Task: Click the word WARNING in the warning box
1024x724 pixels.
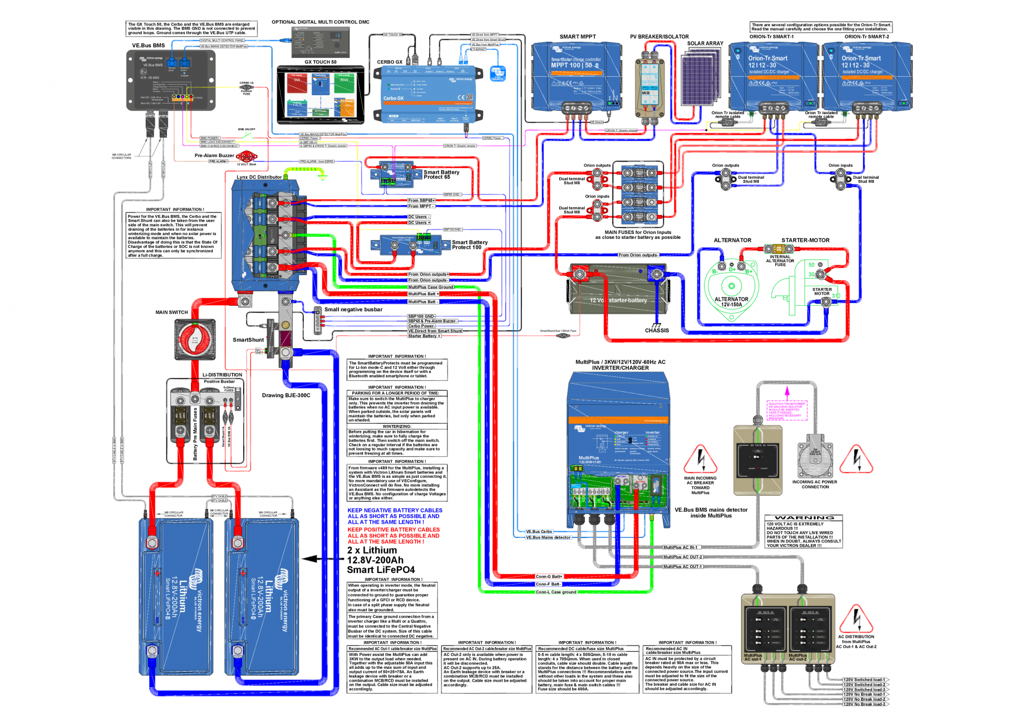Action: coord(804,518)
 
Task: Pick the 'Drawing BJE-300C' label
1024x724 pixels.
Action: coord(286,395)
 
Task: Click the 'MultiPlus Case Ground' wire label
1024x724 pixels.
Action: coord(430,287)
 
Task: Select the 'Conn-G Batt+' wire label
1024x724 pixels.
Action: coord(549,576)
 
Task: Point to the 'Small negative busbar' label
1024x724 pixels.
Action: coord(353,310)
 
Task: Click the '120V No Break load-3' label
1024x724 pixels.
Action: coord(864,704)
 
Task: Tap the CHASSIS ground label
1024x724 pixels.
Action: coord(657,330)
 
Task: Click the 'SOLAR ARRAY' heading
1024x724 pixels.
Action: coord(705,43)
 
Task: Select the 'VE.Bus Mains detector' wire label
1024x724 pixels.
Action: coord(548,537)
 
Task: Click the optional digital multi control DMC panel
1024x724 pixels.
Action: coord(320,41)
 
